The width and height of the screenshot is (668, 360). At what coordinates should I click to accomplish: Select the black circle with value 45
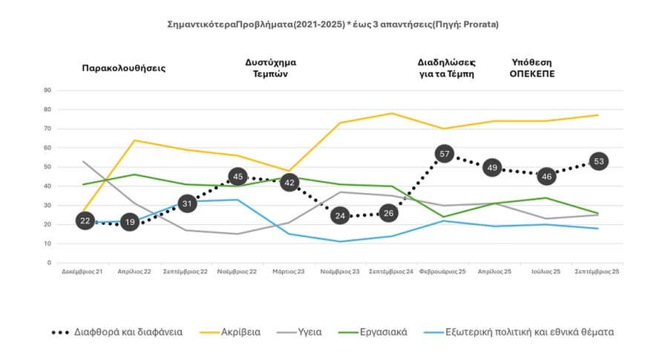[x=238, y=177]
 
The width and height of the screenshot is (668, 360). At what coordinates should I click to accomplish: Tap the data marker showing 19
[x=130, y=221]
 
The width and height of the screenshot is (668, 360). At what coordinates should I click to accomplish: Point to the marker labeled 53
[x=597, y=161]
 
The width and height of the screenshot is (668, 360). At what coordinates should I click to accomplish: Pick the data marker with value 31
[x=187, y=203]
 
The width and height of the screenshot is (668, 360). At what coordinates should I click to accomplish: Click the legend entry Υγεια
[x=309, y=333]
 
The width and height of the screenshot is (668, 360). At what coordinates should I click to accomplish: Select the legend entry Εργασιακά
[x=383, y=333]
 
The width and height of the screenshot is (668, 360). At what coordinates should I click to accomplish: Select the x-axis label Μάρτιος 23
[x=289, y=272]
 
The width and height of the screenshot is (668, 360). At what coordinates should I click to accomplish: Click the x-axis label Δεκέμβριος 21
[x=83, y=272]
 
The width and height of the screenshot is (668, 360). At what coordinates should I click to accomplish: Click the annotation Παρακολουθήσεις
[x=123, y=68]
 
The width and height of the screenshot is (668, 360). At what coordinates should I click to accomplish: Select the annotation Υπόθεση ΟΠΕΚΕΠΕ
[x=532, y=68]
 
